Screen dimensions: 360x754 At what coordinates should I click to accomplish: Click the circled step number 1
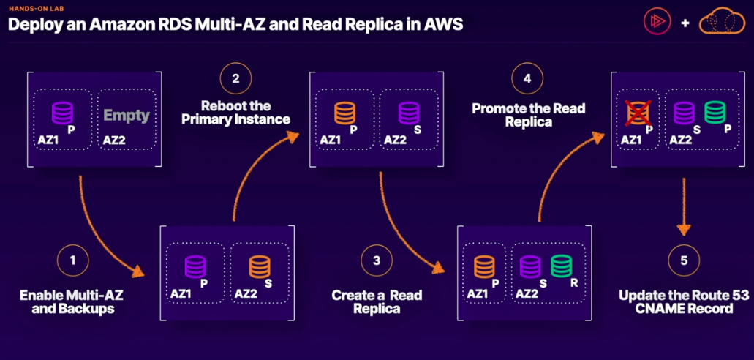pyautogui.click(x=72, y=260)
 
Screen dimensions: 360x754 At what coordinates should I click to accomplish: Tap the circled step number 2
pyautogui.click(x=235, y=79)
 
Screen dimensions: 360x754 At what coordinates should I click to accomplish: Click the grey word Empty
pyautogui.click(x=127, y=116)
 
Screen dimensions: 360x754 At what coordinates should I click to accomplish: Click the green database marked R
pyautogui.click(x=562, y=267)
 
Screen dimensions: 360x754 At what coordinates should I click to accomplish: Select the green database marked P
pyautogui.click(x=715, y=113)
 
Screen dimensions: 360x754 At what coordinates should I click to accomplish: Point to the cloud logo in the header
pyautogui.click(x=722, y=23)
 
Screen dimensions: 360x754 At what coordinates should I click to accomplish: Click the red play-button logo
pyautogui.click(x=657, y=23)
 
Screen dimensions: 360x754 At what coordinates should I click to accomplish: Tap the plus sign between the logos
pyautogui.click(x=685, y=23)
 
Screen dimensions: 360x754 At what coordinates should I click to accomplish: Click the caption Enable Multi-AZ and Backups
pyautogui.click(x=67, y=302)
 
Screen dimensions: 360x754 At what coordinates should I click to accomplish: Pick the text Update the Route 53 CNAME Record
pyautogui.click(x=674, y=302)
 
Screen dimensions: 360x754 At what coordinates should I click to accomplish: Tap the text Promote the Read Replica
pyautogui.click(x=529, y=115)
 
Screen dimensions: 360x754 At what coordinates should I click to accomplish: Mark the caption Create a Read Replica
pyautogui.click(x=377, y=302)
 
